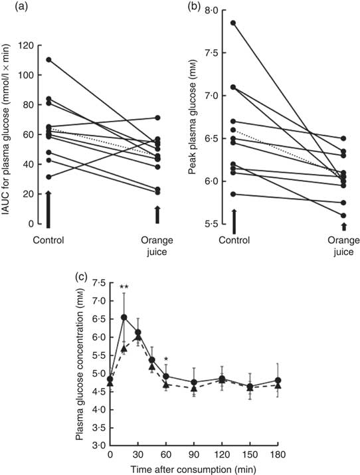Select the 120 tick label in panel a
[26, 45]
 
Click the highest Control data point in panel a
[49, 60]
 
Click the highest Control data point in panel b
[234, 23]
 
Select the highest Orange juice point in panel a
[157, 118]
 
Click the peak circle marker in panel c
[124, 318]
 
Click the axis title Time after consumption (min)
[194, 468]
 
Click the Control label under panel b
[234, 239]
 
